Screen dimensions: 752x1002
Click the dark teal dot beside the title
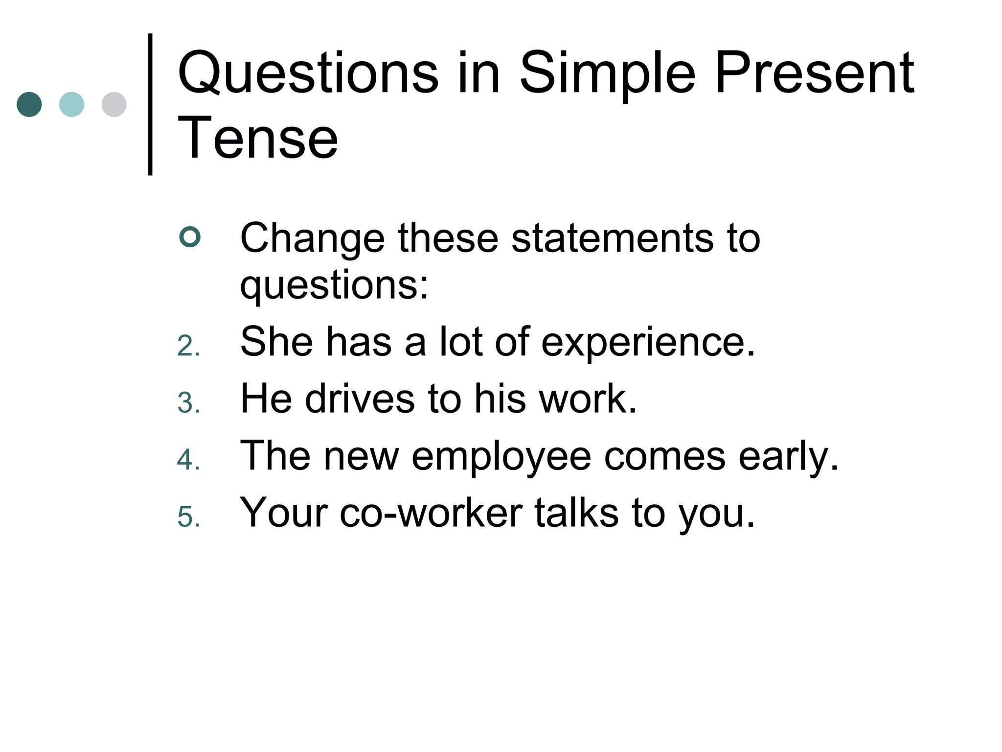click(29, 104)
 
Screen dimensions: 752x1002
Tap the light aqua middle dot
click(71, 104)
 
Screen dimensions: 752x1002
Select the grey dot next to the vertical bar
click(114, 104)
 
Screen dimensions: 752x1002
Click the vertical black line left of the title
click(150, 104)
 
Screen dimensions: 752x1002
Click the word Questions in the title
click(308, 73)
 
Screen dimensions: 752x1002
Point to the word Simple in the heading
click(607, 73)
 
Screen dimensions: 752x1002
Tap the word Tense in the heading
click(258, 139)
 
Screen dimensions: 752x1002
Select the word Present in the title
click(814, 73)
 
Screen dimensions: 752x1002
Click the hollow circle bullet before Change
click(190, 237)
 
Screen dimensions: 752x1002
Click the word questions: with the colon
click(334, 285)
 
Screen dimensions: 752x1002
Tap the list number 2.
click(188, 346)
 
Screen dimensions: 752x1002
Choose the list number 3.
click(188, 403)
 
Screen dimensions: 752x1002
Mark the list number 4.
click(188, 460)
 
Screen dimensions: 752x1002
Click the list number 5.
click(188, 517)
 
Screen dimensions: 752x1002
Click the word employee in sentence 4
click(501, 456)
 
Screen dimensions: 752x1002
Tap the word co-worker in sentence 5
click(431, 513)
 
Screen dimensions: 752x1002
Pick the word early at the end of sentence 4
click(788, 456)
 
